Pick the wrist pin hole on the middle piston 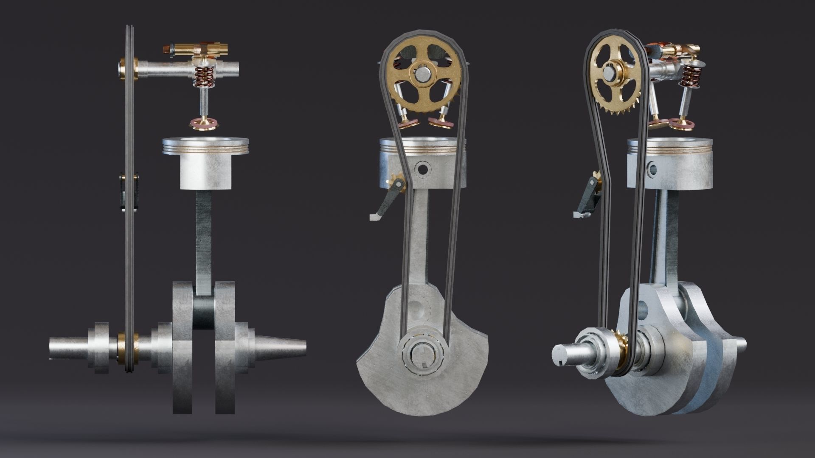click(x=423, y=168)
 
